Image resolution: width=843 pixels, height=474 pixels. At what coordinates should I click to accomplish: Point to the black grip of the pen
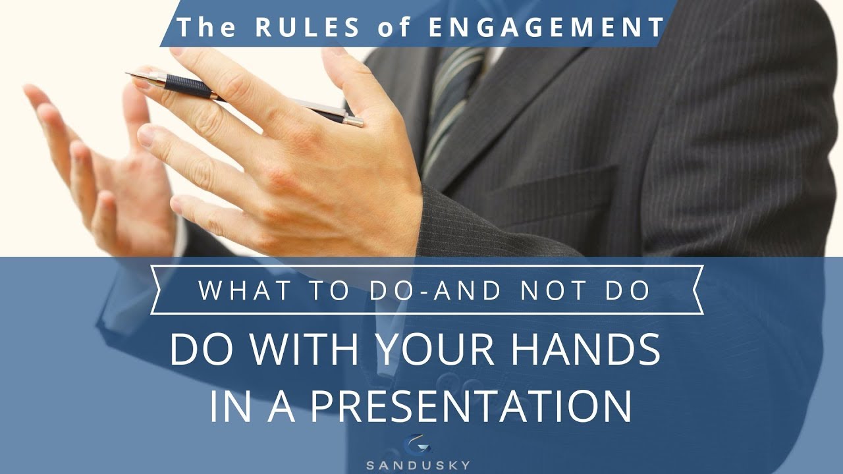click(190, 86)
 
